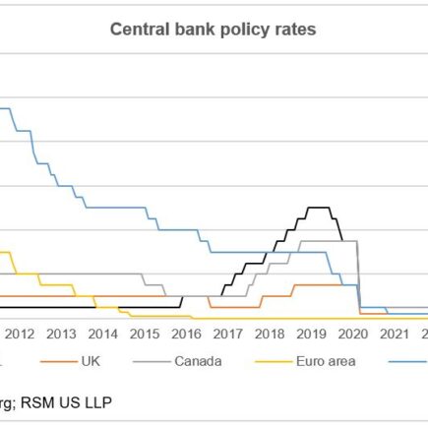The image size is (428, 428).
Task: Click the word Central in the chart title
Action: point(138,30)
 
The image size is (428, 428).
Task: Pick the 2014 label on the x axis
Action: point(102,334)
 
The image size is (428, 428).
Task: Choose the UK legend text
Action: point(90,361)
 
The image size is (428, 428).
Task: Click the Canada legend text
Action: point(198,361)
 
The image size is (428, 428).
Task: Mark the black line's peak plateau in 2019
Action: point(319,208)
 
